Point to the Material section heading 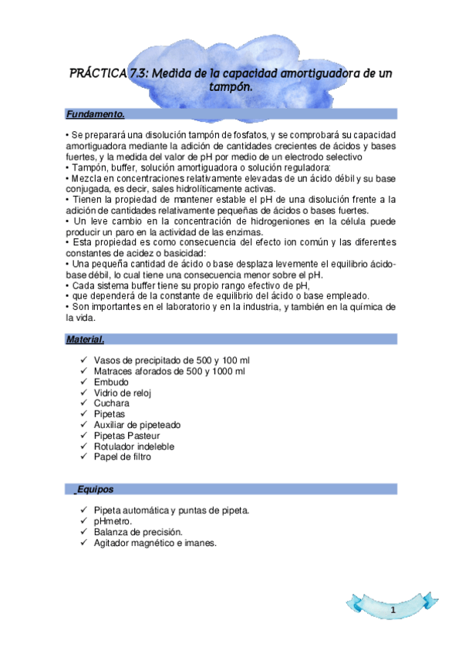tap(85, 339)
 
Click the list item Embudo tap(111, 382)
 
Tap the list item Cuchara tap(111, 403)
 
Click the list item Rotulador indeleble tap(133, 446)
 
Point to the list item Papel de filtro tap(122, 457)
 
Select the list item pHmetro tap(113, 521)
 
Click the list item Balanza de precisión tap(137, 532)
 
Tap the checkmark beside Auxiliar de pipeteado tap(83, 424)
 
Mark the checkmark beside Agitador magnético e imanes tap(83, 543)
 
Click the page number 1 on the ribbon tap(393, 611)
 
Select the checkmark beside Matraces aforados tap(83, 371)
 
